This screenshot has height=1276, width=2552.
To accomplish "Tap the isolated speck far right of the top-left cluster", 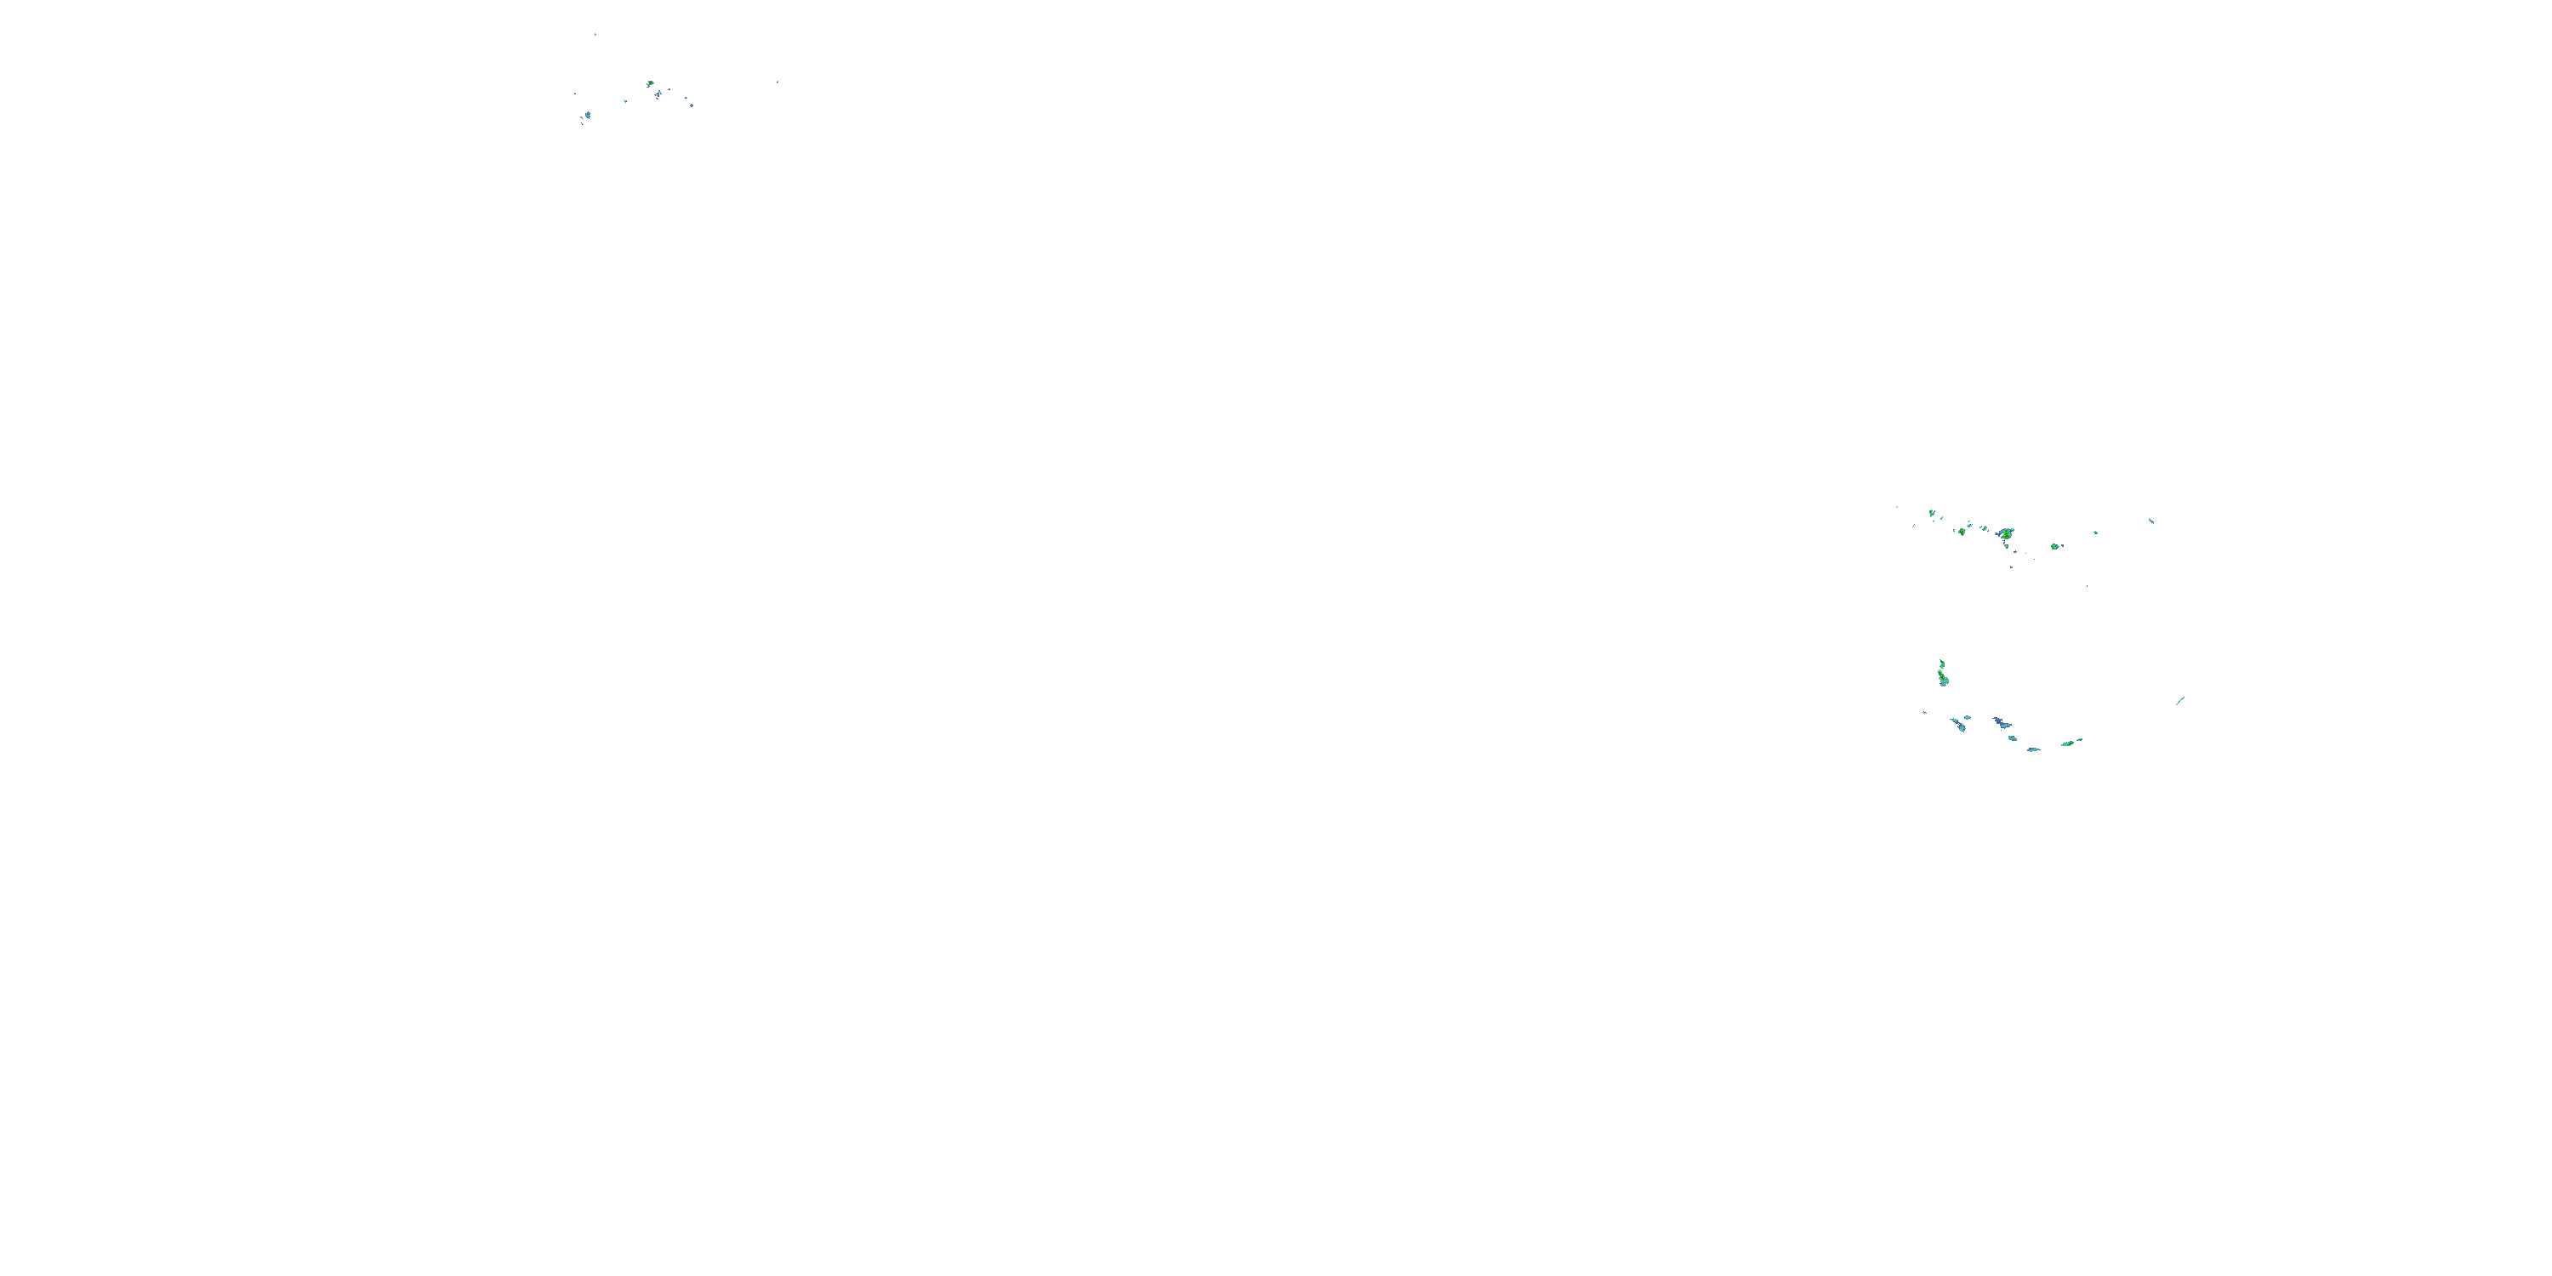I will (x=778, y=83).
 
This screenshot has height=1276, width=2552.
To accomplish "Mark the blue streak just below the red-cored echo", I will (x=658, y=94).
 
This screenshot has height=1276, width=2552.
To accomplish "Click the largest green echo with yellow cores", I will (x=2006, y=534).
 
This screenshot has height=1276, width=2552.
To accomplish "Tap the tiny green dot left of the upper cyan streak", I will (x=2095, y=533).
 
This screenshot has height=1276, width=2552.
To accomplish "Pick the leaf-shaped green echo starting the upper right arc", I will (x=1931, y=513).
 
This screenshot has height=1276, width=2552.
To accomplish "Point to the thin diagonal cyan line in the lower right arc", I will (x=2180, y=700).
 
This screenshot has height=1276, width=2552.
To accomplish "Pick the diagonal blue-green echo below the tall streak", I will (x=1958, y=725).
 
